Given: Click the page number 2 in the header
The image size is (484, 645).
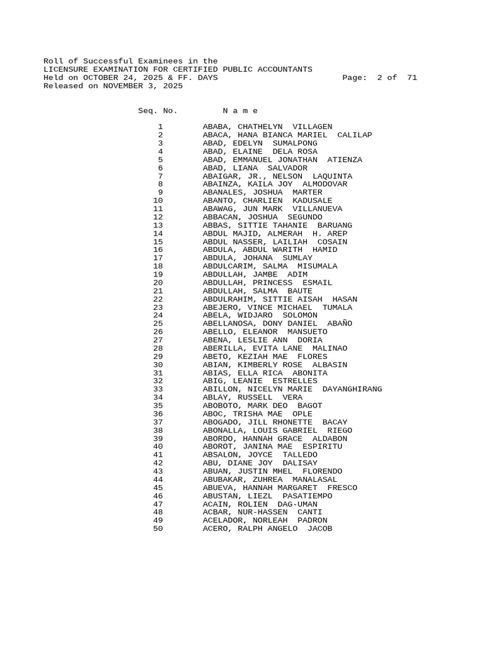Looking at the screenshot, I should coord(379,77).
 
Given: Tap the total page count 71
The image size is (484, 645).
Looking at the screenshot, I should coord(412,77).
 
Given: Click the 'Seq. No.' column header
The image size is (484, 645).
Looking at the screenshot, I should coord(158,110).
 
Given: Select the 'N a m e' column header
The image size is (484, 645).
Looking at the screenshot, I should coord(240,110).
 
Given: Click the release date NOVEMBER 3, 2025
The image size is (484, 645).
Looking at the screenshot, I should coord(142,86).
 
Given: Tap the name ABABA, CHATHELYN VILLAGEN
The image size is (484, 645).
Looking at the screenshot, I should coord(267,127).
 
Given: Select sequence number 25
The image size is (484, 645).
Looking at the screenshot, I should coord(158,323).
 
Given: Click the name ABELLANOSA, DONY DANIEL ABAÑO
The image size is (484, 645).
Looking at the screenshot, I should coord(277,323).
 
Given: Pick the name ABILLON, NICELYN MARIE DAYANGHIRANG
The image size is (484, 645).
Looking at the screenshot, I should coord(292,389).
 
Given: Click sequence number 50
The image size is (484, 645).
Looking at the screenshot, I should coord(158,528).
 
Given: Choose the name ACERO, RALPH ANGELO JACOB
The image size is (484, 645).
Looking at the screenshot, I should coord(267,528).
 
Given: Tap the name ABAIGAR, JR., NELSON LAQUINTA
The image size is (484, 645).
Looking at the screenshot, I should coord(277,176).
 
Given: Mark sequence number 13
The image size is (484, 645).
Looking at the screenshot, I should coord(158,225).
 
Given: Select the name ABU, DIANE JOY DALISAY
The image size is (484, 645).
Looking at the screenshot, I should coord(260,463).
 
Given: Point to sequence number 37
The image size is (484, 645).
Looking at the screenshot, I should coord(158,422).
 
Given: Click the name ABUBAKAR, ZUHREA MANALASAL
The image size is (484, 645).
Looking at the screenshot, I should coord(270,479).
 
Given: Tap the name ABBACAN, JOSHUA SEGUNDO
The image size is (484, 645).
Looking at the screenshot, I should coord(262,217).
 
